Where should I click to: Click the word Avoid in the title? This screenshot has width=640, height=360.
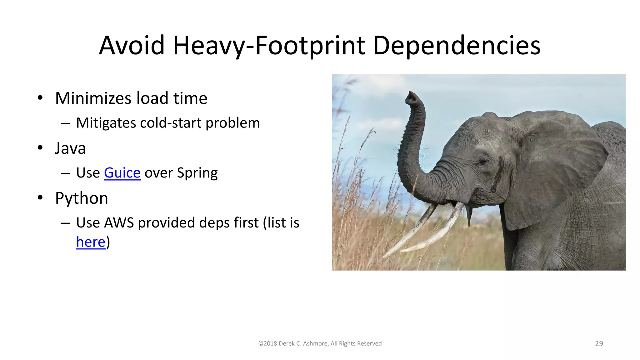point(132,46)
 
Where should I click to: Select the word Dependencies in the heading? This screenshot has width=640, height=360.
point(457,46)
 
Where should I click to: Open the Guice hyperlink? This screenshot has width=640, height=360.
point(122,173)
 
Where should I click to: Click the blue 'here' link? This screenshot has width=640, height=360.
point(91,242)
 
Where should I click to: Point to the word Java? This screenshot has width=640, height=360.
point(70,148)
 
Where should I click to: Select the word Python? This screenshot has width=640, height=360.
point(82,198)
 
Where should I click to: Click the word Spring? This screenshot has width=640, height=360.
point(197,173)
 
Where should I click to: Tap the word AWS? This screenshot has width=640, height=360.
point(119,223)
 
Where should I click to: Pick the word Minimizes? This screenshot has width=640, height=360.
point(93,98)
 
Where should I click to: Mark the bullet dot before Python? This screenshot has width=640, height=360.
point(40,198)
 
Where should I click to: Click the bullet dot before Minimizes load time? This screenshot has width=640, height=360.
point(40,98)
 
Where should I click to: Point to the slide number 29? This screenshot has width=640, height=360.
point(599,343)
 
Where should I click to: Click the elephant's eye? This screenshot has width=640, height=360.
point(483,161)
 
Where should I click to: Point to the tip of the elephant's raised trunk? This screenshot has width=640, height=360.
point(411,97)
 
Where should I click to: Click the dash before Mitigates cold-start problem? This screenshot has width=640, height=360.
point(65,123)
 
